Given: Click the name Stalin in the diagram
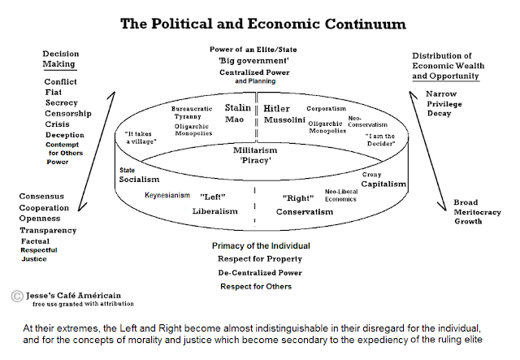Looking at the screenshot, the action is tap(237, 107).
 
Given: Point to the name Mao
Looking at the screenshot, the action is tap(235, 120).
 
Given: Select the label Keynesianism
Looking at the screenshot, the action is tap(168, 196).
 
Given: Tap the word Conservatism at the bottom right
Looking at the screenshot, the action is tap(303, 212).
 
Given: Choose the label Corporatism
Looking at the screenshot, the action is tap(325, 108).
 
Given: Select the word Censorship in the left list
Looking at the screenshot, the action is tap(68, 114).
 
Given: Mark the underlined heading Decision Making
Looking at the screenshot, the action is tap(60, 59).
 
